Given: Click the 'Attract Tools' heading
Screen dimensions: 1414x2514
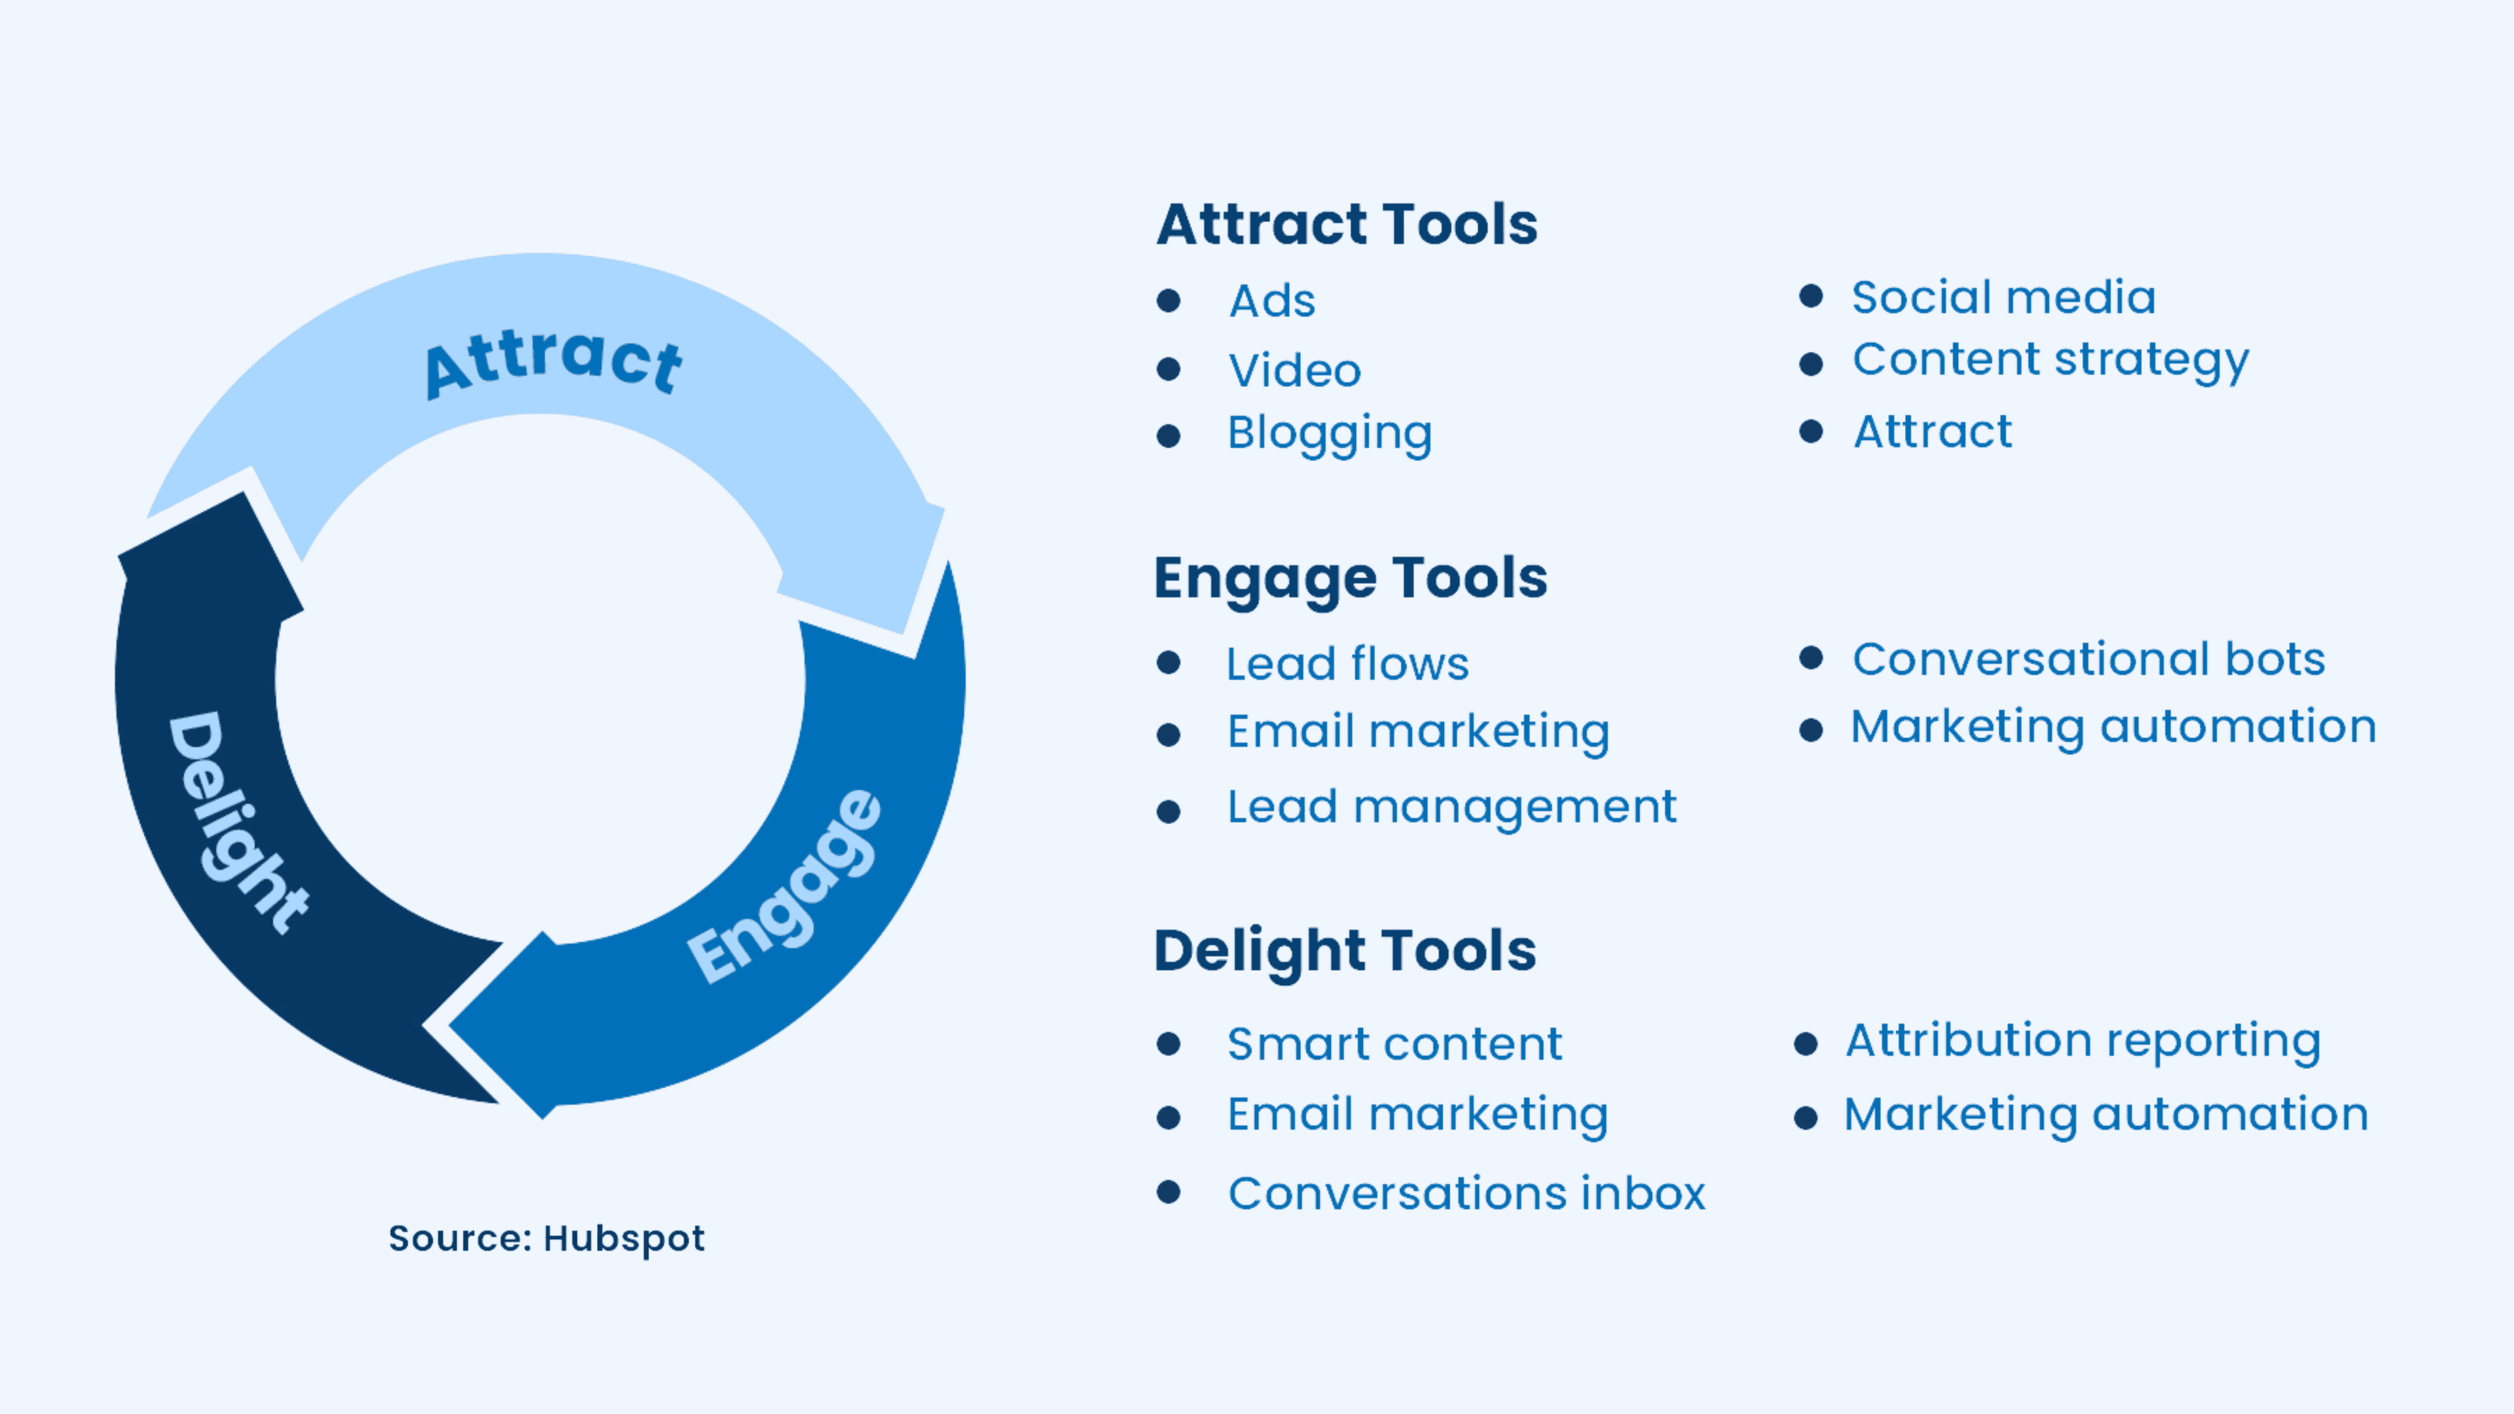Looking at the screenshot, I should click(x=1346, y=225).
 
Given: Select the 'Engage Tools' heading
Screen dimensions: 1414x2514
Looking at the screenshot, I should click(x=1350, y=577).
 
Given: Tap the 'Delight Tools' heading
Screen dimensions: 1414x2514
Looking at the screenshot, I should click(x=1345, y=951).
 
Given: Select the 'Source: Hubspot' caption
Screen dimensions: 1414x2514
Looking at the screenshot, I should click(x=547, y=1239).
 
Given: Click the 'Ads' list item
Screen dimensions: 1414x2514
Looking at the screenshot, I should click(x=1271, y=300).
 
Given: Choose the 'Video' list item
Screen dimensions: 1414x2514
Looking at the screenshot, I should click(x=1294, y=371).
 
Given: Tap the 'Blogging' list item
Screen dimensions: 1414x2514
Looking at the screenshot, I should click(x=1329, y=433).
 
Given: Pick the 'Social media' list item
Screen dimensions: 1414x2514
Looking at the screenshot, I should click(x=2003, y=297).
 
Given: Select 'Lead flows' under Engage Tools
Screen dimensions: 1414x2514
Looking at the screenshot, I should click(x=1347, y=664).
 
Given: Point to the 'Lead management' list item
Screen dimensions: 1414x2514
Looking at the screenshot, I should click(x=1451, y=807).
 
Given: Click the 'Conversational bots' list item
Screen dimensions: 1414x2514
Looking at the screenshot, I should click(x=2088, y=659).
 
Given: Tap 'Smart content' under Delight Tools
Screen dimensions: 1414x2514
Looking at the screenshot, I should click(x=1394, y=1044).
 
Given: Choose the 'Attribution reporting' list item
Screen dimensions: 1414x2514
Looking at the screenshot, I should click(x=2083, y=1040).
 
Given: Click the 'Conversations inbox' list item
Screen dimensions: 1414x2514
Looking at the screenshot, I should click(x=1466, y=1193).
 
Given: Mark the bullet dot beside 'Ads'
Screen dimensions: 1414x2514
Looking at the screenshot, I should click(x=1168, y=300).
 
